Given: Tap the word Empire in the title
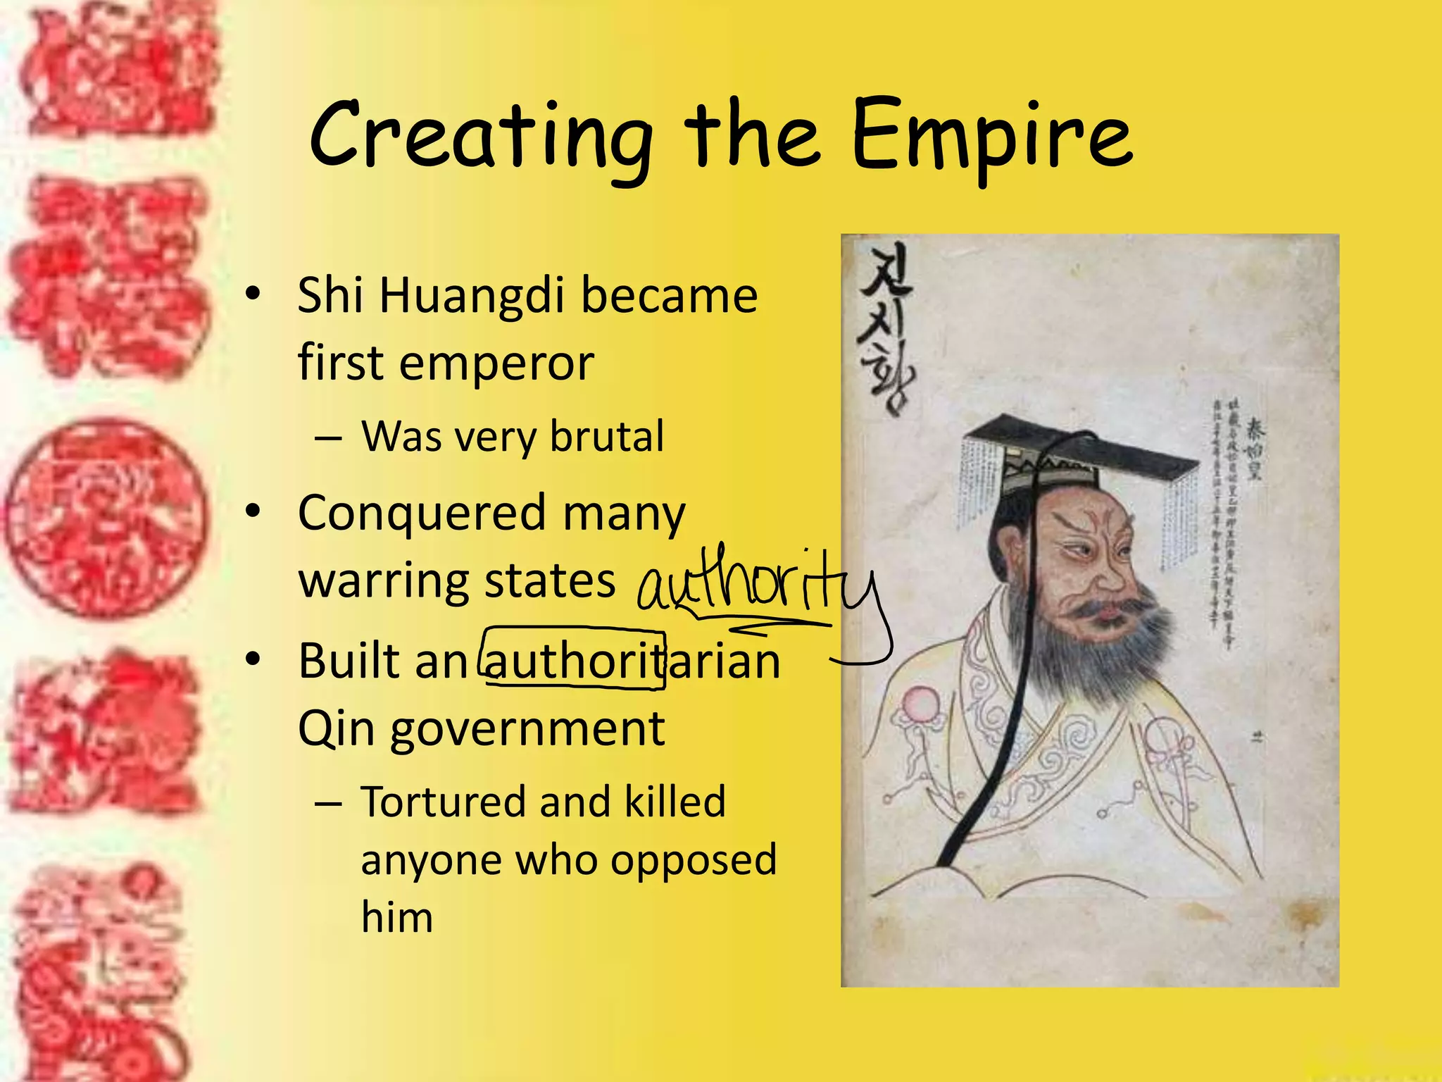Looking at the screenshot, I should tap(991, 135).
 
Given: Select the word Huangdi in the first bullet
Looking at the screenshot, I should tap(472, 296).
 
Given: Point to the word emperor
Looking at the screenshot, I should tap(496, 365).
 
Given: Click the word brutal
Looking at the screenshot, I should tap(606, 437).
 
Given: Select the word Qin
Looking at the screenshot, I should tap(336, 728).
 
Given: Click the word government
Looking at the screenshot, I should tap(527, 730).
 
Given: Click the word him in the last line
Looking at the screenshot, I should tap(396, 918).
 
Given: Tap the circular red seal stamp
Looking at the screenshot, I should tap(106, 520).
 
